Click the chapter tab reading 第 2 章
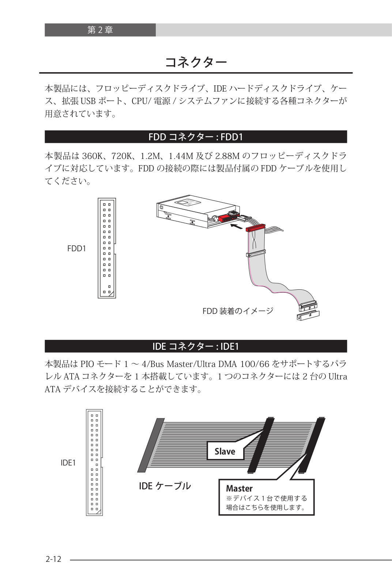[x=100, y=30]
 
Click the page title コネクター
[x=196, y=62]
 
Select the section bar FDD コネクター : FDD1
[x=196, y=137]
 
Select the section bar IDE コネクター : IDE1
[x=196, y=346]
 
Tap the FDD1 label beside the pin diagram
[x=76, y=249]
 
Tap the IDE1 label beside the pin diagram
[x=68, y=463]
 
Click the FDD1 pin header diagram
[x=107, y=248]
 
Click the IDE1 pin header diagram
[x=94, y=462]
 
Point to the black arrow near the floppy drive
[x=236, y=227]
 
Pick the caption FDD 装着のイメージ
[x=238, y=311]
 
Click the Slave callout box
[x=225, y=451]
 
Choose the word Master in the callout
[x=239, y=489]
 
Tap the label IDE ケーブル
[x=165, y=486]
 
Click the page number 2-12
[x=53, y=559]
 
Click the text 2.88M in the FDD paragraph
[x=227, y=156]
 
